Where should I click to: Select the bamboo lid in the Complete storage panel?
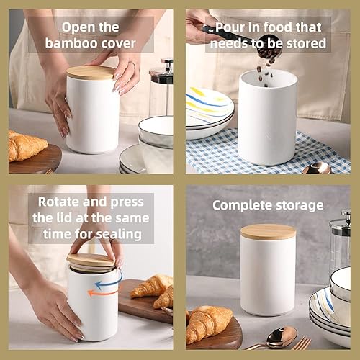click(x=267, y=232)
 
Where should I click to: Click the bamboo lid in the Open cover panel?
click(x=90, y=72)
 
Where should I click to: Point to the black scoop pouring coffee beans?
click(x=229, y=32)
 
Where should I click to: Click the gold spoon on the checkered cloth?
click(x=317, y=168)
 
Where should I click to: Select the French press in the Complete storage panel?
click(x=340, y=245)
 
